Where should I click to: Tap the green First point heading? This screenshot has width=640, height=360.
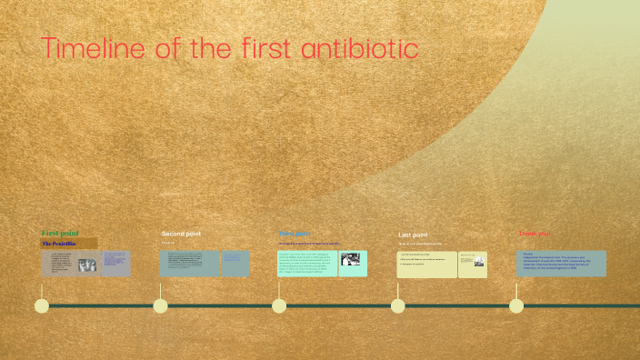(x=60, y=234)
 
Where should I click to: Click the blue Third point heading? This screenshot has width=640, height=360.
(x=295, y=234)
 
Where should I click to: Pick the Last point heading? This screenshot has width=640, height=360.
(x=413, y=235)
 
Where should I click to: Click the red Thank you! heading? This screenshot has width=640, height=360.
(x=535, y=234)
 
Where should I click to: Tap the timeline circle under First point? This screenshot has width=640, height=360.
(x=42, y=305)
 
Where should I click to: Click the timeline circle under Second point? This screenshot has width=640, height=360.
(x=161, y=305)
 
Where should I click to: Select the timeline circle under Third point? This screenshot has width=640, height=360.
(x=279, y=305)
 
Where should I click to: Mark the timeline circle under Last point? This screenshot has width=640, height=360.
(x=398, y=305)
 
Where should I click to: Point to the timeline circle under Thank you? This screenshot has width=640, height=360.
(x=516, y=305)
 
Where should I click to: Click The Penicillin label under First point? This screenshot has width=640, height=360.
(x=59, y=244)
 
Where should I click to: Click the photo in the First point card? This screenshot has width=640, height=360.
(x=88, y=265)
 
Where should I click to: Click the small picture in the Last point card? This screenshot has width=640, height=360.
(x=478, y=263)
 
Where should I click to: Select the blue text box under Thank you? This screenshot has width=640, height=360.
(x=561, y=263)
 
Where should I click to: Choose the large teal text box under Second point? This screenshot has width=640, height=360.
(x=189, y=264)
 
